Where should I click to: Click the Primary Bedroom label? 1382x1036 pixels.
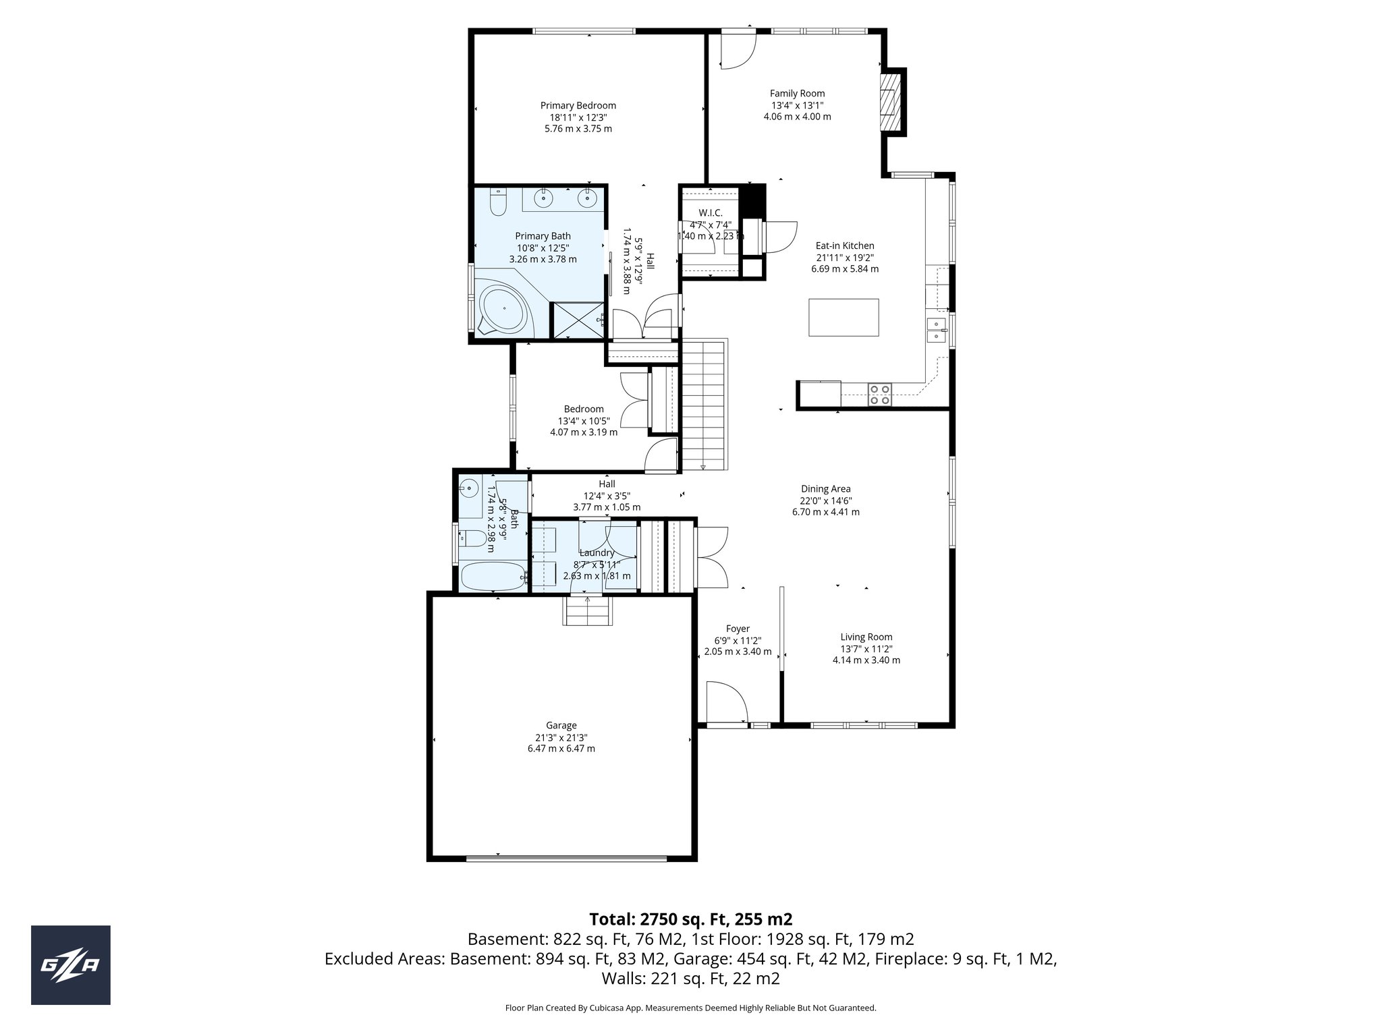point(578,105)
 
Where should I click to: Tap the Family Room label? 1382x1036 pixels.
point(797,94)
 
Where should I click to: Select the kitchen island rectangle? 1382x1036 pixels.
point(844,317)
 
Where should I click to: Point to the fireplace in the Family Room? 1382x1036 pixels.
point(890,102)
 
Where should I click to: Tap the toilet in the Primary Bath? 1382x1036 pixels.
point(497,202)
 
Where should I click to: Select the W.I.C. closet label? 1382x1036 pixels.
point(711,213)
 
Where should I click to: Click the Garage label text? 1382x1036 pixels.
point(561,725)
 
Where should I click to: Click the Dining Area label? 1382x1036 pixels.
point(825,489)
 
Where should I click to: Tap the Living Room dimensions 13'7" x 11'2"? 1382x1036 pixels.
point(866,648)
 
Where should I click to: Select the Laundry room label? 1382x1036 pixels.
point(597,553)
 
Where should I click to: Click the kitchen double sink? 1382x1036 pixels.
point(936,330)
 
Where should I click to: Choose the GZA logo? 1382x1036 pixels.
point(71,965)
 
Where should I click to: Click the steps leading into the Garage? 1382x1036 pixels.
point(588,611)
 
